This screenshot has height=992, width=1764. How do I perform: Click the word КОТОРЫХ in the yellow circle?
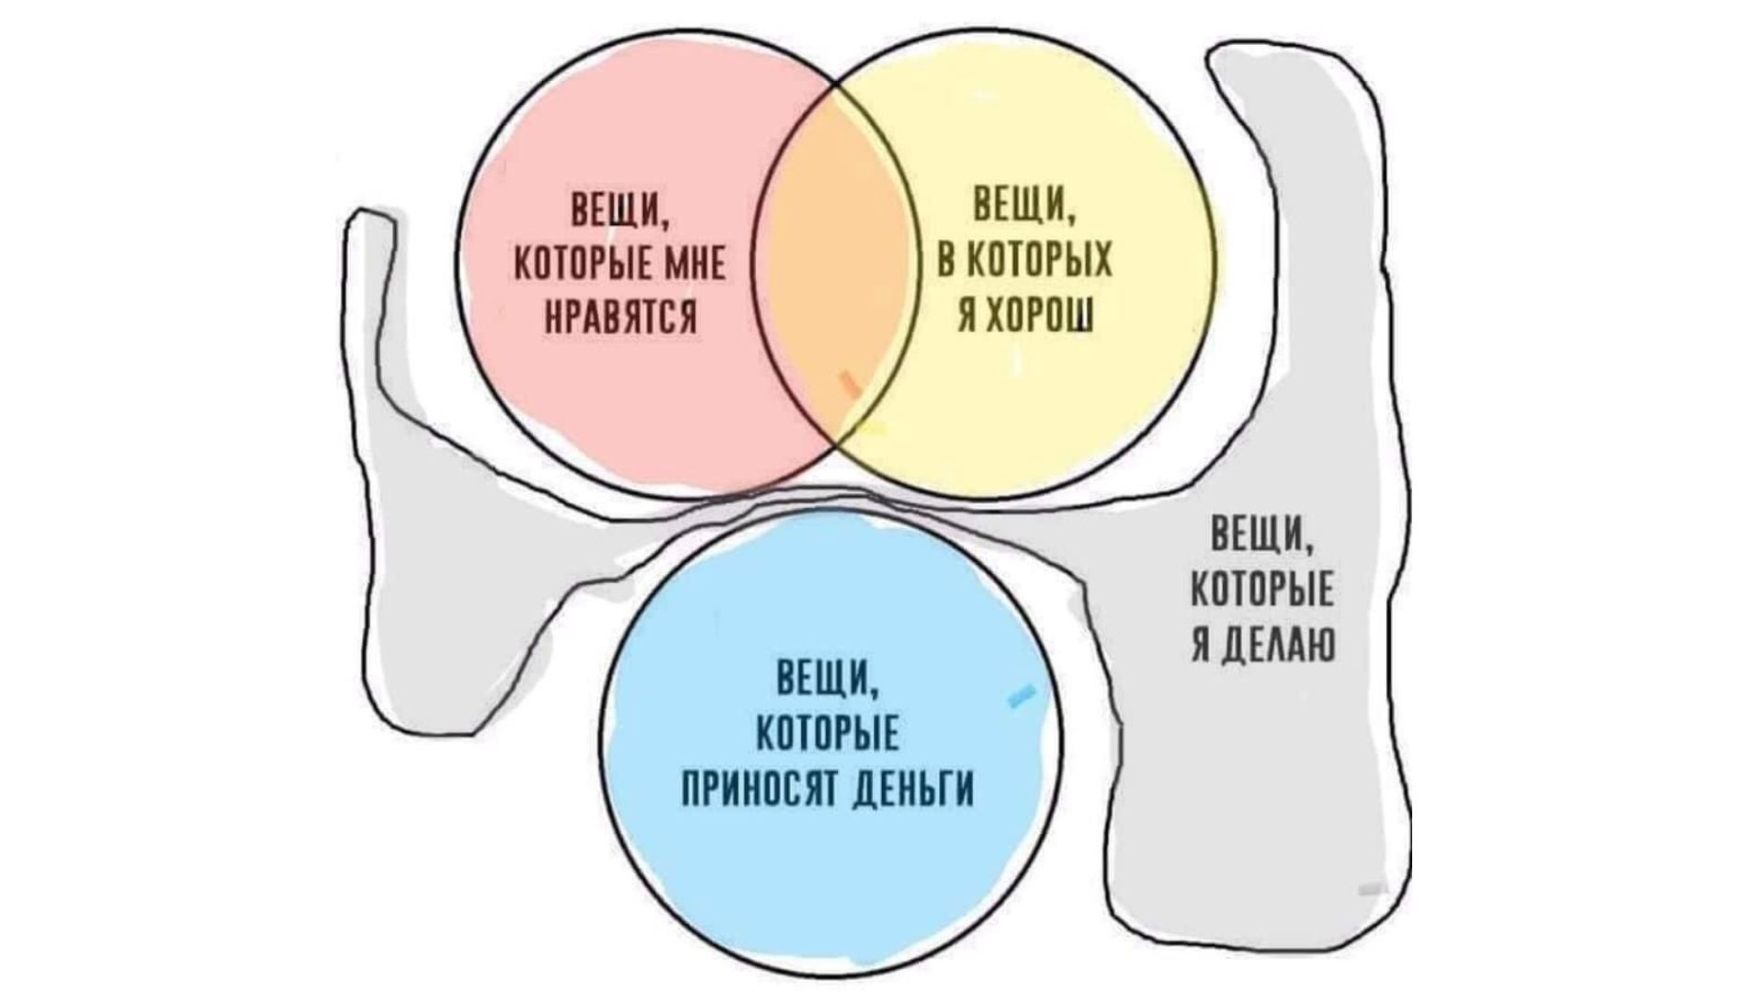click(1037, 265)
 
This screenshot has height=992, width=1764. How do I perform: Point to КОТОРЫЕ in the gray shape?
click(1262, 593)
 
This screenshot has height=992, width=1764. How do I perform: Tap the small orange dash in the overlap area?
click(851, 384)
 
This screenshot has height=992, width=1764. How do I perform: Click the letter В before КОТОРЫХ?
click(945, 265)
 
